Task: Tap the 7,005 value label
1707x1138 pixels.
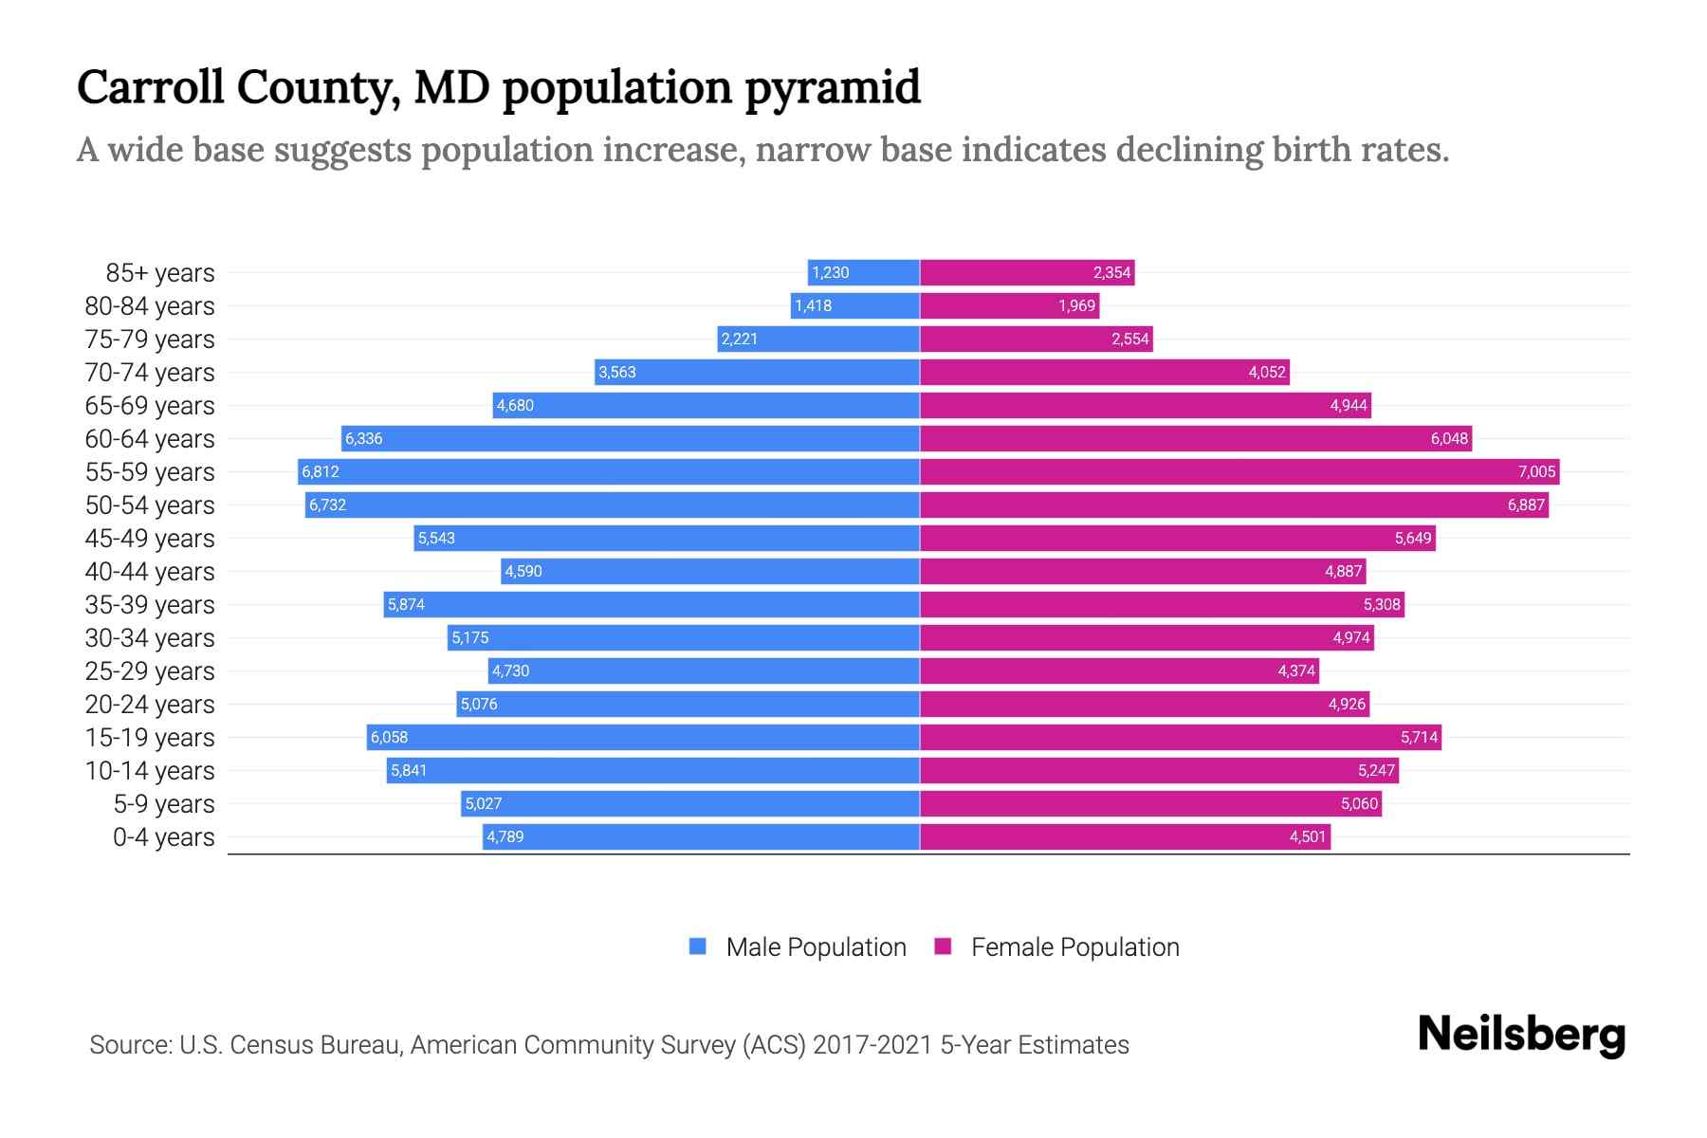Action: coord(1536,471)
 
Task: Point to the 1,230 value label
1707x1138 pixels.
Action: coord(830,272)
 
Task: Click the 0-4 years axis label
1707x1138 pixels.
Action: coord(163,837)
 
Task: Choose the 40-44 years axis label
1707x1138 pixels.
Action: coord(150,572)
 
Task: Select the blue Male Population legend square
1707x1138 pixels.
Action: coord(698,946)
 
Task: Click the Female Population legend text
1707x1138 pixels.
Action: coord(1074,947)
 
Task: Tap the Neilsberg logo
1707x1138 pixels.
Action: coord(1521,1035)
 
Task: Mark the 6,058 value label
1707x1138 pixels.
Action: coord(389,737)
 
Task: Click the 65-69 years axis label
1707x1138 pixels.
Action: coord(150,406)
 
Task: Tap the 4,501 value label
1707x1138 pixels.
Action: coord(1307,836)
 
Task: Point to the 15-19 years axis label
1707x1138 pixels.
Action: coord(150,738)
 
